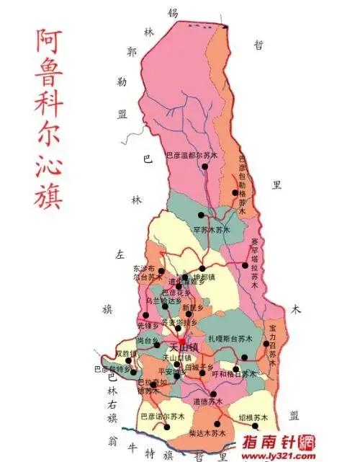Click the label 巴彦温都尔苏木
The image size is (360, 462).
coord(191,154)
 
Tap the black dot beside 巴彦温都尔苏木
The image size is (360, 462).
coord(205,166)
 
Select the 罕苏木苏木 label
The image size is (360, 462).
coord(211,229)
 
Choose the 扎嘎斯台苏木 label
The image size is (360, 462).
coord(230,337)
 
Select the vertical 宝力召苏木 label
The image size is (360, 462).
coord(272,344)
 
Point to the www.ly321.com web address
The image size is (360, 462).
coord(287,455)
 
